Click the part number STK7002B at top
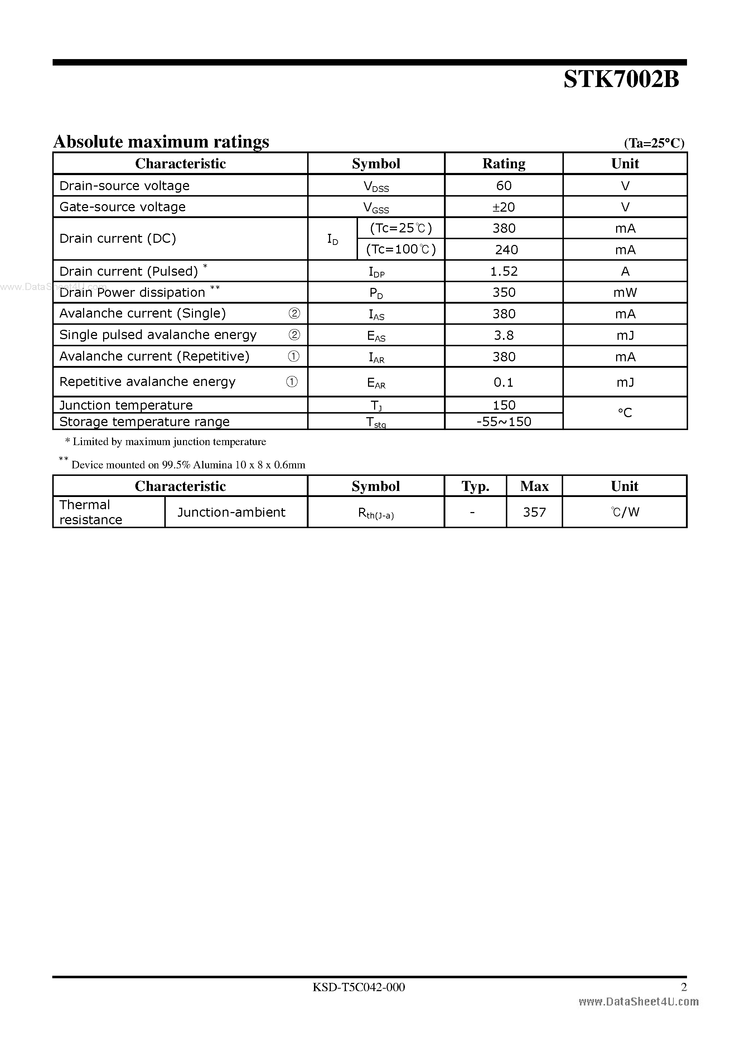pyautogui.click(x=621, y=80)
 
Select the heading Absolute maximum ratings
pyautogui.click(x=161, y=142)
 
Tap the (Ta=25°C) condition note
pyautogui.click(x=654, y=143)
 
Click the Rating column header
pyautogui.click(x=503, y=164)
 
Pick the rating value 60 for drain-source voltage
pyautogui.click(x=503, y=185)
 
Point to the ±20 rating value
pyautogui.click(x=503, y=207)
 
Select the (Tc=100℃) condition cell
pyautogui.click(x=401, y=250)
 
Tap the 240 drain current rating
pyautogui.click(x=506, y=250)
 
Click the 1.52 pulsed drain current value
pyautogui.click(x=503, y=271)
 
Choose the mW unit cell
pyautogui.click(x=625, y=292)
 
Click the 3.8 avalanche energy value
pyautogui.click(x=503, y=335)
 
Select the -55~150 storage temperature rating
pyautogui.click(x=503, y=421)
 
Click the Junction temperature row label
pyautogui.click(x=126, y=405)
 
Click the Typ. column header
pyautogui.click(x=475, y=486)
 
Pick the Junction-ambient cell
pyautogui.click(x=231, y=512)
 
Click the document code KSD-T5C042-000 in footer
pyautogui.click(x=358, y=987)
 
